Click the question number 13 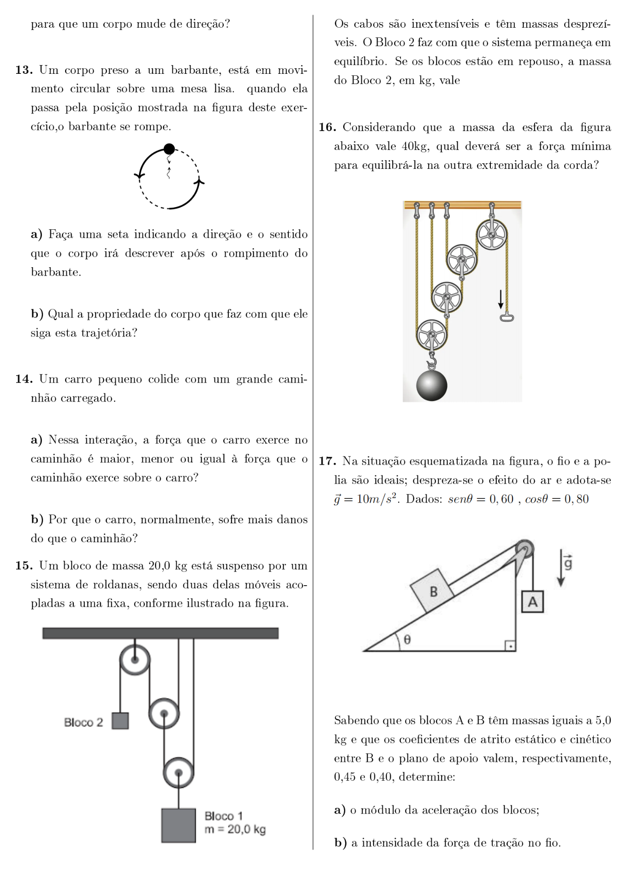pos(24,70)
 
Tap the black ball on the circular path pos(169,149)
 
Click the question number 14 pos(24,379)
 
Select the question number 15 pos(24,566)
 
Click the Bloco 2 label pos(83,722)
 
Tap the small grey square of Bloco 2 pos(120,721)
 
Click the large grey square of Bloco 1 pos(179,826)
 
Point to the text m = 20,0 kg pos(235,829)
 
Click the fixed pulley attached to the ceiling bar pos(135,659)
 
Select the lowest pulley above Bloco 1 pos(179,772)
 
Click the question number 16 pos(327,127)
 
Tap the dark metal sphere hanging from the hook pos(432,385)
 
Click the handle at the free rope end pos(507,317)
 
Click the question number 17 pos(327,461)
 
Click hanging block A pos(532,602)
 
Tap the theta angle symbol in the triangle pos(407,639)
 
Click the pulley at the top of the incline pos(524,549)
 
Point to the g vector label pos(568,563)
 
